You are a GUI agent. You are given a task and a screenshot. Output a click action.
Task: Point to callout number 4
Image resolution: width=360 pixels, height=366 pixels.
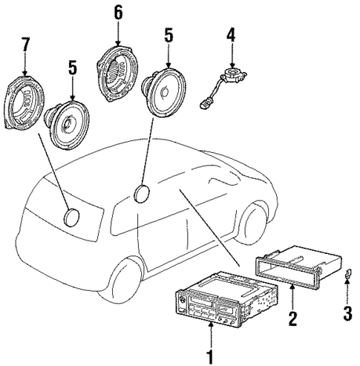click(x=231, y=36)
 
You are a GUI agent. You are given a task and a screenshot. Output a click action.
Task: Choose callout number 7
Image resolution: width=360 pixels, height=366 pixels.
click(x=26, y=45)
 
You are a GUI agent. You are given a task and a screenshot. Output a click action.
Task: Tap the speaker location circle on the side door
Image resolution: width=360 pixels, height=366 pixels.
click(x=143, y=195)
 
